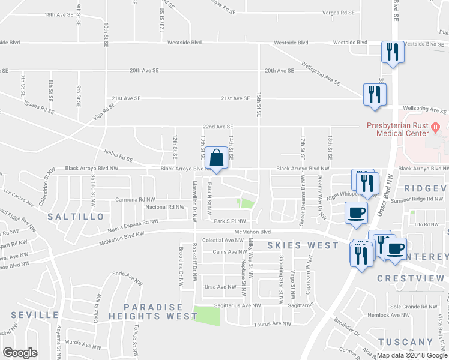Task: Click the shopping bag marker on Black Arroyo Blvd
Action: (x=216, y=159)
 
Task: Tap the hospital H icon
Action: (x=436, y=127)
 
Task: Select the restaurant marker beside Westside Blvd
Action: (x=393, y=52)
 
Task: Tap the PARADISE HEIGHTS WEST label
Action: (x=153, y=311)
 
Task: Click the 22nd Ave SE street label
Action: (x=217, y=127)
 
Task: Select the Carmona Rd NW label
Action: (x=135, y=199)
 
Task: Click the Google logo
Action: (x=20, y=352)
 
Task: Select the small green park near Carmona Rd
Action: (x=245, y=203)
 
